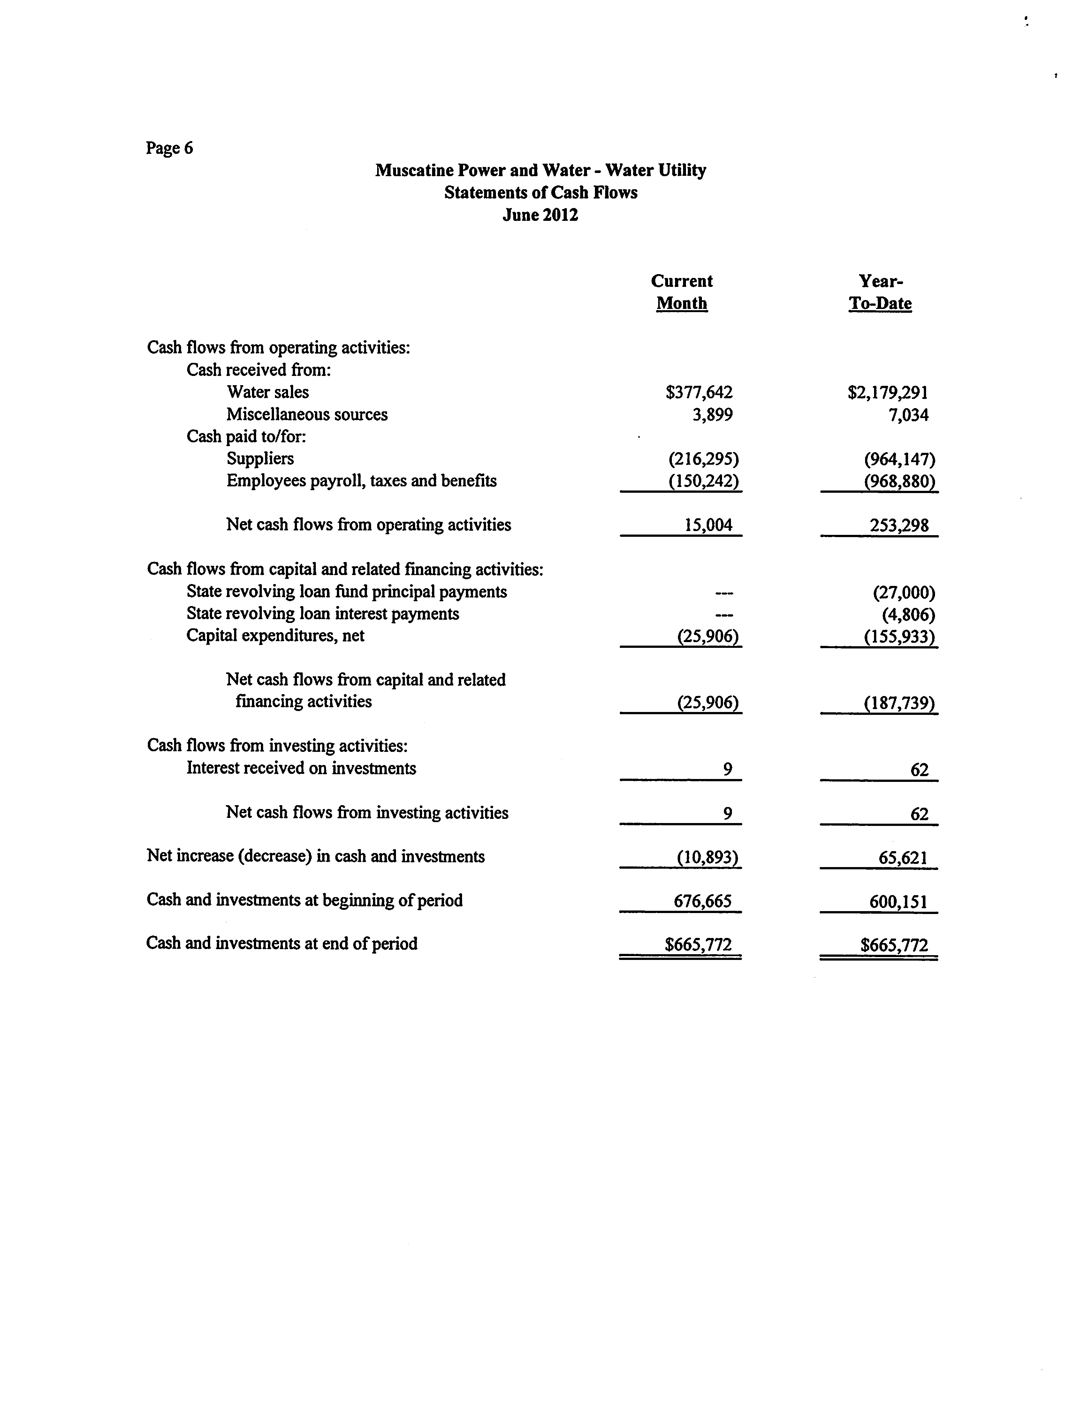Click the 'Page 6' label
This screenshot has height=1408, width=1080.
[x=169, y=148]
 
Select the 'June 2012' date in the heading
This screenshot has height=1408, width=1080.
[x=540, y=215]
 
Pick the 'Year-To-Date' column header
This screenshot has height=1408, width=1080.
[x=880, y=292]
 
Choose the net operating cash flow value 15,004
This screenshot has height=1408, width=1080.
[x=708, y=525]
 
